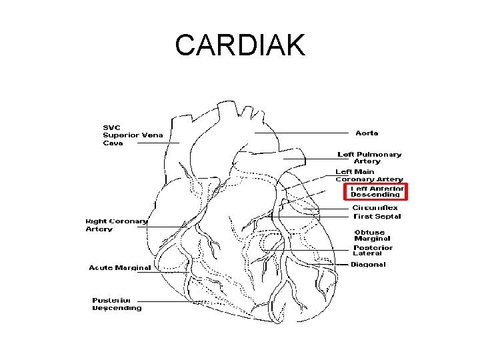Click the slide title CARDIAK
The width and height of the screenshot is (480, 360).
(240, 45)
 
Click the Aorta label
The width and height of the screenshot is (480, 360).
(367, 133)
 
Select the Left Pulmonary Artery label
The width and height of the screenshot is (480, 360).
(369, 157)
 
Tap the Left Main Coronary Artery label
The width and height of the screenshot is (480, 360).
(369, 175)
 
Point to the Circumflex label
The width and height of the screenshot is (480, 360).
(375, 208)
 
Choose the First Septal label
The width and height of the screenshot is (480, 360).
(377, 216)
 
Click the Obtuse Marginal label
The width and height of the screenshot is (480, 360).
(372, 235)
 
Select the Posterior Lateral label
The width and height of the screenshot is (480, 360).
(373, 250)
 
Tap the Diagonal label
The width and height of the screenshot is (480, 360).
(368, 265)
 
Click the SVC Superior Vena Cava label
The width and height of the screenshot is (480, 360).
(133, 135)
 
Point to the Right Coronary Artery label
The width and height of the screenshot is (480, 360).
(116, 225)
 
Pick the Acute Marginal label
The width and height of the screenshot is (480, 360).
(120, 268)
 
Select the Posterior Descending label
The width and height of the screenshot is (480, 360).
(117, 304)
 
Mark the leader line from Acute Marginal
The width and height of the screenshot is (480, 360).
(170, 271)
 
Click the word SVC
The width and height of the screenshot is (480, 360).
(111, 127)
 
